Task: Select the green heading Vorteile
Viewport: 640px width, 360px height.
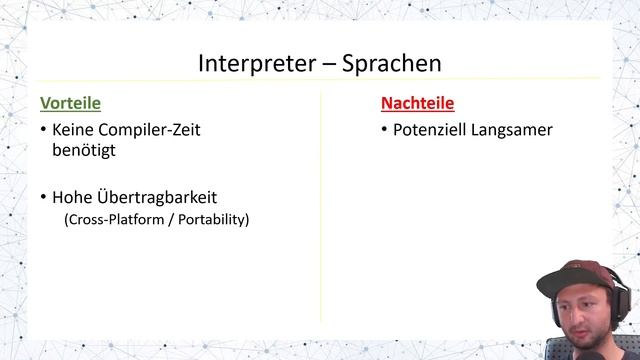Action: click(70, 102)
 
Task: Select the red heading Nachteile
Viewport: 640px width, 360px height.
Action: click(417, 102)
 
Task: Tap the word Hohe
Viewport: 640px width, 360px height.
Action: click(73, 198)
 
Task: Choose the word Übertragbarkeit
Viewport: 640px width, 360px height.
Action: click(157, 198)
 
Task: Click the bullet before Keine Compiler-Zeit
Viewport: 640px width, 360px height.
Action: click(43, 130)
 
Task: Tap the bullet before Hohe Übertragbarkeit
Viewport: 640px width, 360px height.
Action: click(43, 198)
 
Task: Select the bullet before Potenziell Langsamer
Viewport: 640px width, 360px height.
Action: click(385, 130)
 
